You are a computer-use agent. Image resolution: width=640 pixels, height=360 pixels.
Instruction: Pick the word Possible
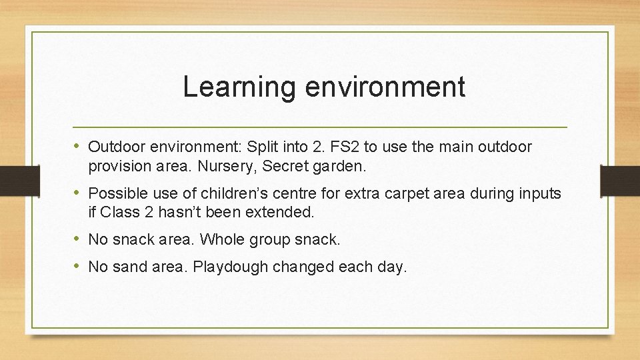[115, 194]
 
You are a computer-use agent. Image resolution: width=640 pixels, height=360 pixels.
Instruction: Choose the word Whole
[224, 239]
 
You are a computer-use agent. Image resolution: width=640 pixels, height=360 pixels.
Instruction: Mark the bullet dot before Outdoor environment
[79, 146]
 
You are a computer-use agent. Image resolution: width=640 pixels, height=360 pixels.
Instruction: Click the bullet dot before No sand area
[79, 267]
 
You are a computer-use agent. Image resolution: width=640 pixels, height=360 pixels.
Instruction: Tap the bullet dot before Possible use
[79, 193]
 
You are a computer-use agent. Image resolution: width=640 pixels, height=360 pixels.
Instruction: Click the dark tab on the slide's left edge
[11, 180]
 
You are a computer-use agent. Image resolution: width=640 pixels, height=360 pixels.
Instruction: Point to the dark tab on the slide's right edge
[620, 180]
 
